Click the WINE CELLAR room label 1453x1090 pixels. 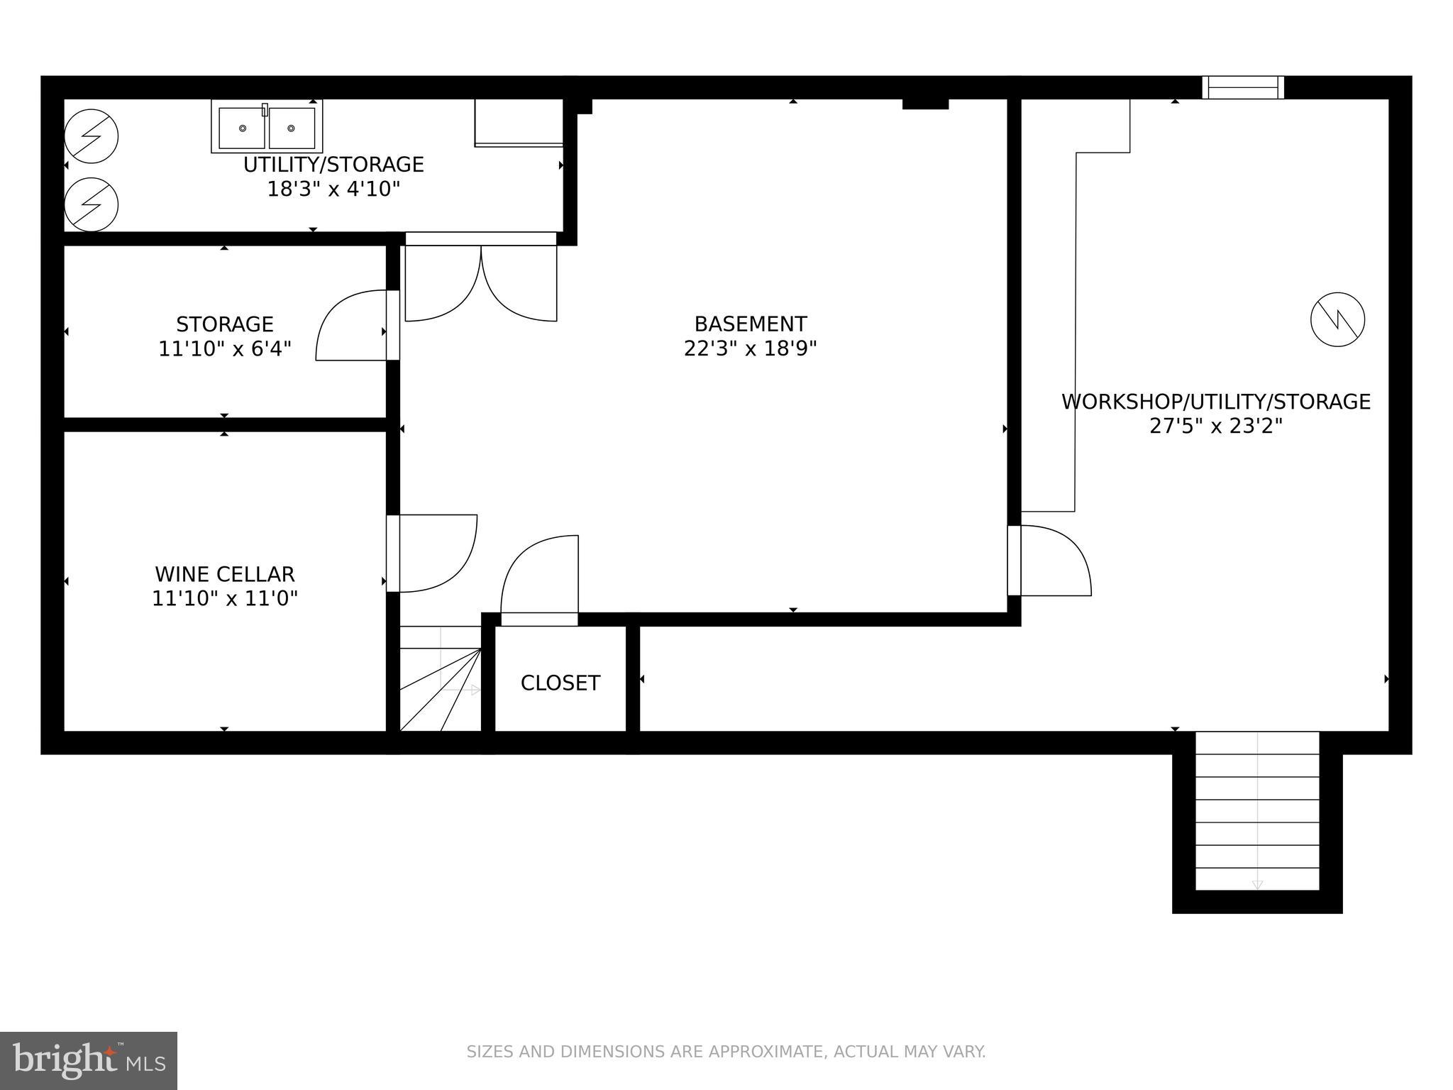point(224,573)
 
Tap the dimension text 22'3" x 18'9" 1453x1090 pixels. point(750,348)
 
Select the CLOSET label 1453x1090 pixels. point(560,683)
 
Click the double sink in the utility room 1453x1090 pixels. point(267,127)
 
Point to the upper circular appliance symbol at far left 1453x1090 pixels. point(91,136)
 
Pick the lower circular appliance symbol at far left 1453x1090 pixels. point(91,204)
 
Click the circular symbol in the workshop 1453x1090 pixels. point(1337,319)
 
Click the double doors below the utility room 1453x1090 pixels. point(480,282)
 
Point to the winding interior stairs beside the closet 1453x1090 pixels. point(440,679)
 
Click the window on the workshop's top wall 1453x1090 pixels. point(1242,87)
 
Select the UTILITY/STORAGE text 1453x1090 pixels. point(333,165)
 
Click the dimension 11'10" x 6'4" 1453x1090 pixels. point(224,349)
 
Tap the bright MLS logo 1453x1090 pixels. point(89,1060)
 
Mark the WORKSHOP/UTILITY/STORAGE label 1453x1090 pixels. point(1215,402)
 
